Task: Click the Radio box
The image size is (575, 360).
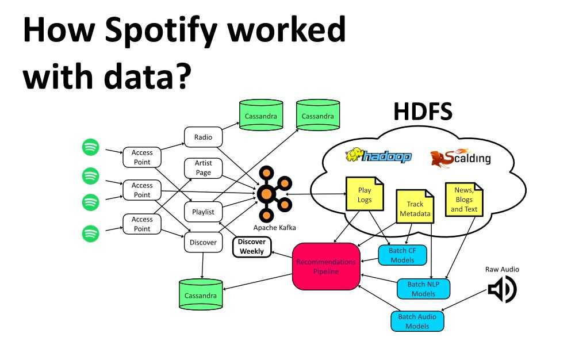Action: click(203, 137)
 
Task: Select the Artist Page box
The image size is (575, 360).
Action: click(203, 168)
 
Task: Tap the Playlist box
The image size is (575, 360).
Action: click(203, 212)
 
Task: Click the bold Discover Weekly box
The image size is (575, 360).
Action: click(251, 247)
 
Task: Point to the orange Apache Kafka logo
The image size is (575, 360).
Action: click(267, 194)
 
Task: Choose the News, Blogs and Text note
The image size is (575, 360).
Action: click(464, 199)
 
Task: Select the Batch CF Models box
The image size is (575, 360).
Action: click(402, 255)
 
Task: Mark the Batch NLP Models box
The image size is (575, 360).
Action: click(424, 289)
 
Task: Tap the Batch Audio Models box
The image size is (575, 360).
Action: click(417, 321)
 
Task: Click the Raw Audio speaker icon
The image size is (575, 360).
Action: click(502, 290)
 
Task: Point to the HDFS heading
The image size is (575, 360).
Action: click(423, 112)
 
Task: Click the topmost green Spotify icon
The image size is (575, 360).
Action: click(90, 147)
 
